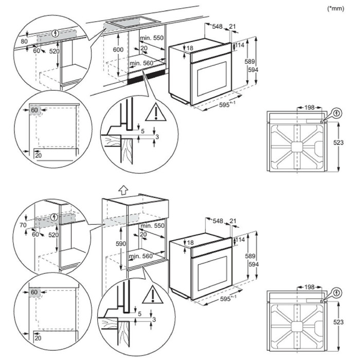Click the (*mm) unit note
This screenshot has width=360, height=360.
336,9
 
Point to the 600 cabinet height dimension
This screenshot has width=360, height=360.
119,49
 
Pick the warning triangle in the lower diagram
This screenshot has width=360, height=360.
152,295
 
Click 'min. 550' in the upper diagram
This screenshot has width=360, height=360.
153,39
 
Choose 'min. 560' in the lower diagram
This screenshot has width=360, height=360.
141,256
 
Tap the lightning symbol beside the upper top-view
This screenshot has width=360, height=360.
336,113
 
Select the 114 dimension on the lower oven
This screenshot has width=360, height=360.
241,240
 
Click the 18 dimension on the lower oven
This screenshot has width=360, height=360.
190,242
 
